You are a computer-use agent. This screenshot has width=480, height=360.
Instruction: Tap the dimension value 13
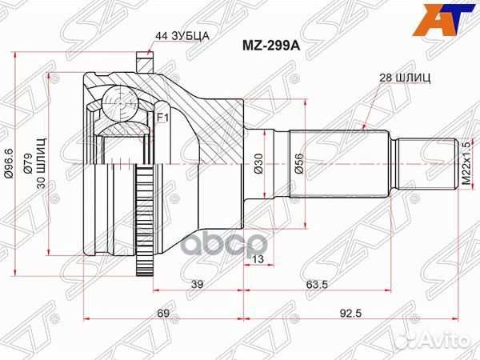click(258, 259)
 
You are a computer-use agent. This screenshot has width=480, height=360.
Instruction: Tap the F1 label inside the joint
click(161, 119)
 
